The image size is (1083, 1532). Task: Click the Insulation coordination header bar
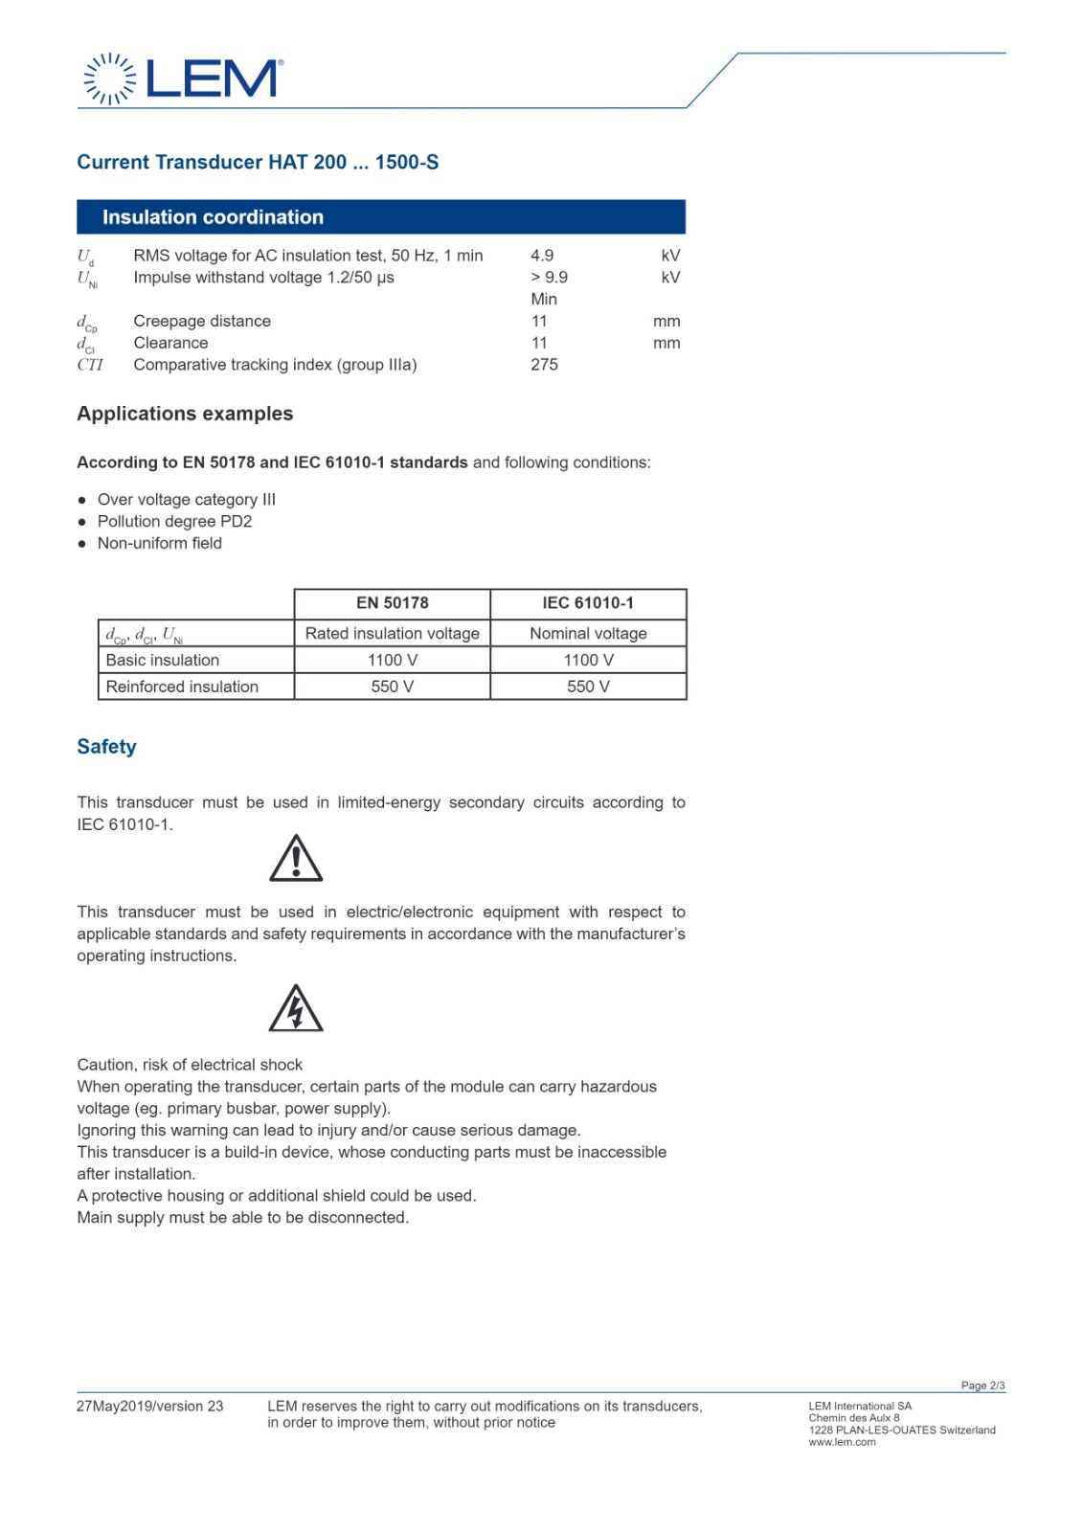(x=381, y=217)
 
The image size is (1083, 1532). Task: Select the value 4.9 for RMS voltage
(x=542, y=256)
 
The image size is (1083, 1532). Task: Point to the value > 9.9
(x=550, y=278)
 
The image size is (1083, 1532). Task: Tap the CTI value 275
(x=544, y=365)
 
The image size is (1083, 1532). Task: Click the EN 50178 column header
(x=393, y=603)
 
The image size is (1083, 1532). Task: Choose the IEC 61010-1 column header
(x=588, y=603)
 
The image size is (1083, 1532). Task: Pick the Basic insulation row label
(x=163, y=661)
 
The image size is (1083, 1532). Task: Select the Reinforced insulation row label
(x=182, y=687)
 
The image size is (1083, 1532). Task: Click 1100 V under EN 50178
(x=393, y=661)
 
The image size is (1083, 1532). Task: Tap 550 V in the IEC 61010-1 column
(x=588, y=687)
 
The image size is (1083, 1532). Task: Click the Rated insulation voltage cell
(x=393, y=634)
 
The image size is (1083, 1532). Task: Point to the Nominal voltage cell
(x=588, y=634)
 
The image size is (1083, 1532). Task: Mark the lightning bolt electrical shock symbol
(x=296, y=1009)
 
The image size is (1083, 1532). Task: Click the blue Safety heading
(x=106, y=747)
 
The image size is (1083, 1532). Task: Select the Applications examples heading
(x=185, y=414)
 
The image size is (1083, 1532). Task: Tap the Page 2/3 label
(x=982, y=1386)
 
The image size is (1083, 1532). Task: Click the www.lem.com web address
(x=842, y=1443)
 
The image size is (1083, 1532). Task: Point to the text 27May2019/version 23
(x=149, y=1407)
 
